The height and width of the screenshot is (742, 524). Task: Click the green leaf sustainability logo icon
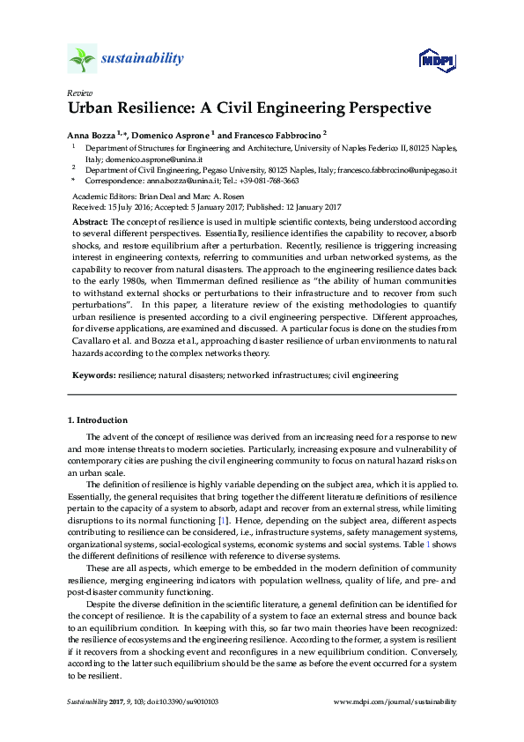pyautogui.click(x=82, y=59)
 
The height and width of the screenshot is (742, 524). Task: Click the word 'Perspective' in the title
pyautogui.click(x=373, y=109)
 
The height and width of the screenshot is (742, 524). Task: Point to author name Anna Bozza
pyautogui.click(x=92, y=135)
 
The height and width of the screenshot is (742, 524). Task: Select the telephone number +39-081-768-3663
pyautogui.click(x=271, y=180)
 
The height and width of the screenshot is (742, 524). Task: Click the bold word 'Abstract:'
pyautogui.click(x=90, y=219)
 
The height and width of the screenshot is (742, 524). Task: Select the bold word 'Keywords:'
pyautogui.click(x=92, y=375)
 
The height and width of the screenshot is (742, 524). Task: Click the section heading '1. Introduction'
pyautogui.click(x=98, y=420)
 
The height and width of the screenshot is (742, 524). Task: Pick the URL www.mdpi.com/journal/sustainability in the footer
pyautogui.click(x=396, y=702)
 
